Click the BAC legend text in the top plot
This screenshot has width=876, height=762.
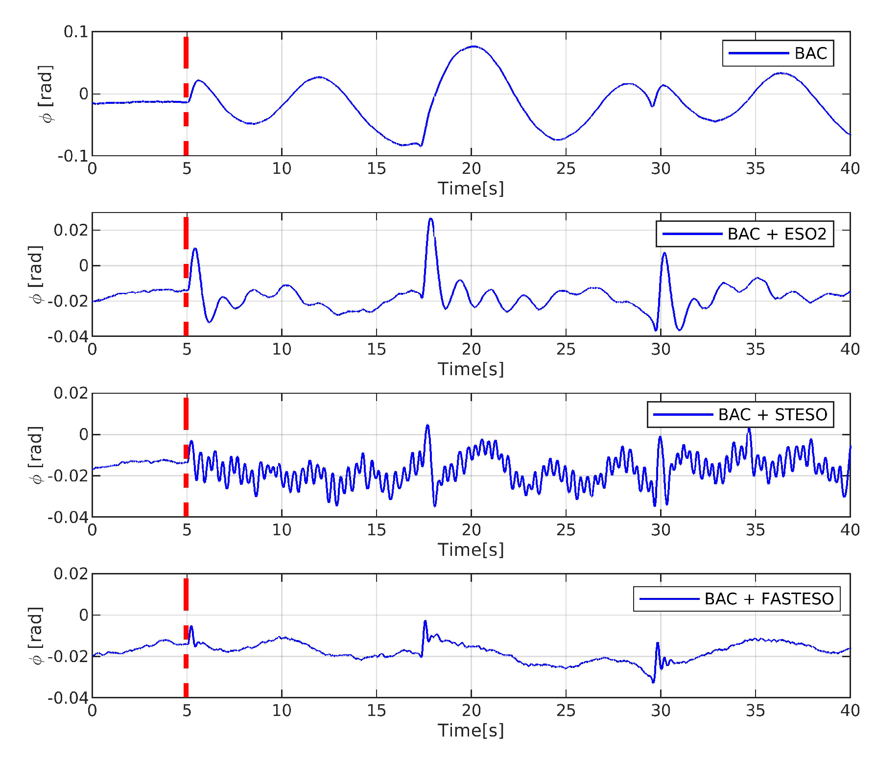click(x=810, y=53)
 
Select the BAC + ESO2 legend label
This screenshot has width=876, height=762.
click(x=777, y=234)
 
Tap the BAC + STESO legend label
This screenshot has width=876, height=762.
click(x=772, y=415)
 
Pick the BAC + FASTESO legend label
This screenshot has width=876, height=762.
click(x=769, y=599)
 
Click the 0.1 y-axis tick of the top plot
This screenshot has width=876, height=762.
click(x=76, y=32)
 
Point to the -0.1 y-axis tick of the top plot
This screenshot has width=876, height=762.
click(x=73, y=156)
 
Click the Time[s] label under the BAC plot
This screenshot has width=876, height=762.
click(x=471, y=189)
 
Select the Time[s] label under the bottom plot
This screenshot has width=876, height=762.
click(x=471, y=730)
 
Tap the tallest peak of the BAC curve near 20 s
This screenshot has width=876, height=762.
click(x=473, y=47)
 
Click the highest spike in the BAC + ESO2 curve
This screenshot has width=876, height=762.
click(x=431, y=219)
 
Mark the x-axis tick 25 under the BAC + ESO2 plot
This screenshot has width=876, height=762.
click(x=566, y=349)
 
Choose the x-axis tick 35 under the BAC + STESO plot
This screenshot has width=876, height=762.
click(x=755, y=530)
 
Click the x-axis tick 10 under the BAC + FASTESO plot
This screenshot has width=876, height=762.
click(x=282, y=711)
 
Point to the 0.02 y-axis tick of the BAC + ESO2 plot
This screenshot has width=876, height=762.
click(x=71, y=230)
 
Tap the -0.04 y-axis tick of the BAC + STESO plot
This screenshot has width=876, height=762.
click(x=68, y=517)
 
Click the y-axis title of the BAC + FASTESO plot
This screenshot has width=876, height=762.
click(x=36, y=636)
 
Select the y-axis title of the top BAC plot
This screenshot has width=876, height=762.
click(x=46, y=94)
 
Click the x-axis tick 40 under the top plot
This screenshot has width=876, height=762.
click(x=850, y=169)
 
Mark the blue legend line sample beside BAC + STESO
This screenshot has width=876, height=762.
click(x=683, y=415)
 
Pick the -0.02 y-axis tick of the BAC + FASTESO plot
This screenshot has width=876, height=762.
click(x=68, y=656)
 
